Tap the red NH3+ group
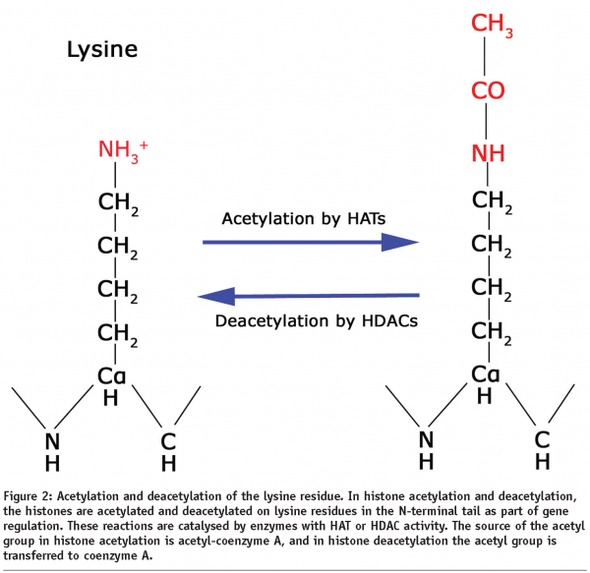pos(122,151)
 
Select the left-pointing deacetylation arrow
pos(311,294)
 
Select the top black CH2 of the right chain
pos(489,203)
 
